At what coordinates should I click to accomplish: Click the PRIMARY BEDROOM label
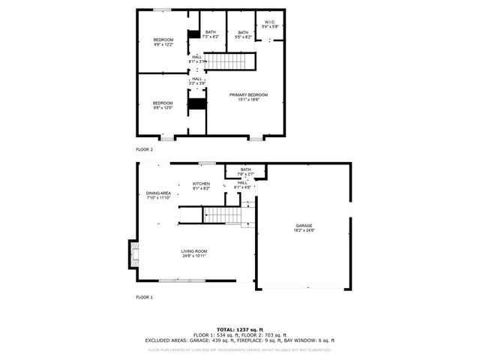[248, 97]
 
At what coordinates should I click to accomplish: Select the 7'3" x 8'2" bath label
[211, 34]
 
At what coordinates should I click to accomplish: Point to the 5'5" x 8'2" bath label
[243, 34]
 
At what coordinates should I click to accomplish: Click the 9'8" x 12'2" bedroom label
[163, 42]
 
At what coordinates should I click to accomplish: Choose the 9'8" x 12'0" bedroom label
[163, 105]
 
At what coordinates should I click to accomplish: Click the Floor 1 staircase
[223, 216]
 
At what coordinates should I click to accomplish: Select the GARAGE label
[304, 227]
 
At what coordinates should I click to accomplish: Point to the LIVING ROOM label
[193, 253]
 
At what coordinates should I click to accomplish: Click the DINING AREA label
[158, 195]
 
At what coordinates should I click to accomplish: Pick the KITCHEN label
[201, 186]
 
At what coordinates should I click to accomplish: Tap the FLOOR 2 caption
[144, 149]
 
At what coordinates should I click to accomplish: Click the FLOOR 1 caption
[144, 297]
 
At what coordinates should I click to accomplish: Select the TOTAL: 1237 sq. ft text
[240, 329]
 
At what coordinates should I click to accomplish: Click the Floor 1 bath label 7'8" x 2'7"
[246, 171]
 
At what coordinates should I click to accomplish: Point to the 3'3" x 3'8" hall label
[196, 81]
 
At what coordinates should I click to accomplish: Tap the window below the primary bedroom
[256, 138]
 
